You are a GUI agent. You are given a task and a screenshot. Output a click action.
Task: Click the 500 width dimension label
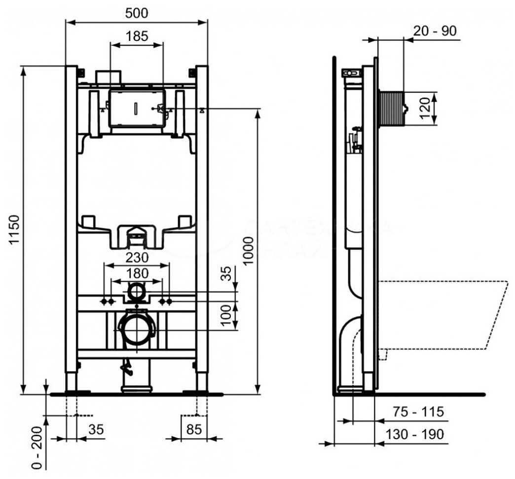[x=136, y=13]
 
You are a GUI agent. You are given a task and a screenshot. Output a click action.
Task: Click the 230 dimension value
[x=136, y=257]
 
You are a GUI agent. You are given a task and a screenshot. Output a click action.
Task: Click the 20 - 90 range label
[x=435, y=31]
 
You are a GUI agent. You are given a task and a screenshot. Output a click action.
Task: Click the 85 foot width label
[x=194, y=429]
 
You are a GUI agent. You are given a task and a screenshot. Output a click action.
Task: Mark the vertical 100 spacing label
[x=226, y=315]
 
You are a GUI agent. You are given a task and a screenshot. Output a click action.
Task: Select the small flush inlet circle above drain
[x=137, y=292]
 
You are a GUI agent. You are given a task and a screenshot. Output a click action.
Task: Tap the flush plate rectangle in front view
[x=136, y=108]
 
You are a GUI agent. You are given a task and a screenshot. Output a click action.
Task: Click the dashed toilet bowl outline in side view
[x=444, y=315]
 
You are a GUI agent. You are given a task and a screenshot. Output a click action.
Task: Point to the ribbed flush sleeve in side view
[x=391, y=108]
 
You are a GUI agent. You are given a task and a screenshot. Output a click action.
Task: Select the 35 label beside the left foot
[x=96, y=429]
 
